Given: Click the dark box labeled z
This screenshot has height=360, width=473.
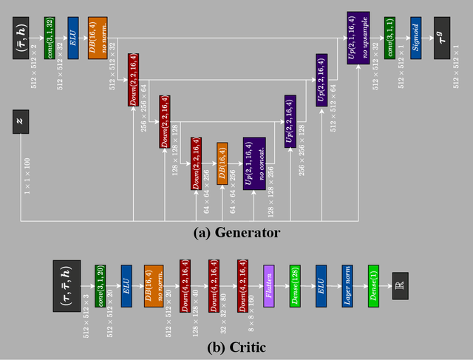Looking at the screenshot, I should (21, 121).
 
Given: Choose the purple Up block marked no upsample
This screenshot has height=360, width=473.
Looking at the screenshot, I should (358, 37).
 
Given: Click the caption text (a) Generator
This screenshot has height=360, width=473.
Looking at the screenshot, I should (236, 232).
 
